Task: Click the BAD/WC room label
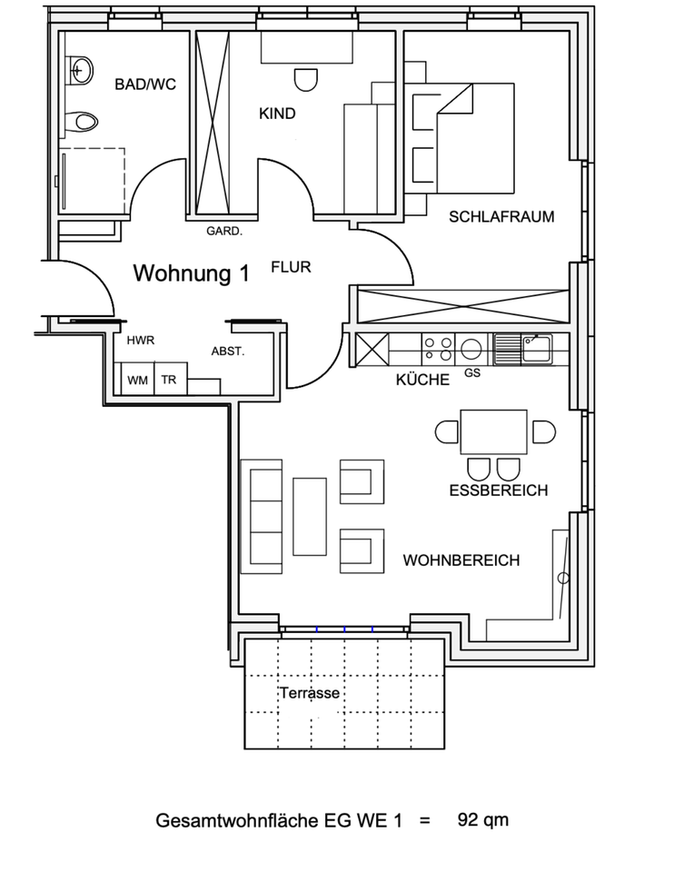[145, 84]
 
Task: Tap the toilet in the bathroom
[84, 121]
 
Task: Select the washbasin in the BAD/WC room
[81, 68]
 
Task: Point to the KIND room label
[277, 114]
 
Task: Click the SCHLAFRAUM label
[501, 217]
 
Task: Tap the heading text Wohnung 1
[192, 273]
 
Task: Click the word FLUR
[291, 267]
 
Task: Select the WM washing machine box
[137, 380]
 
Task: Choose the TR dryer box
[169, 380]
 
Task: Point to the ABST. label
[228, 351]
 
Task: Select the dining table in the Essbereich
[494, 431]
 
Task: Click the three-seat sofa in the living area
[261, 516]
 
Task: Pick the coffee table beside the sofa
[310, 515]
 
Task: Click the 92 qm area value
[483, 820]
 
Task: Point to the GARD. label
[224, 231]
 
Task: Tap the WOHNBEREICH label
[461, 560]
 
